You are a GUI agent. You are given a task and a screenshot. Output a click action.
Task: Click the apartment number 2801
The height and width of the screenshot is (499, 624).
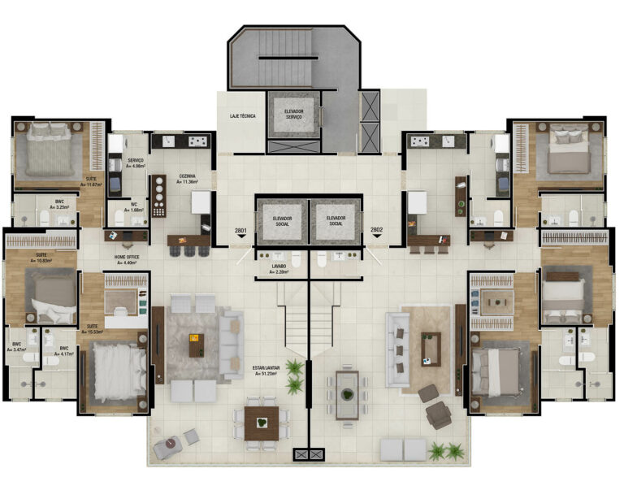pos(240,231)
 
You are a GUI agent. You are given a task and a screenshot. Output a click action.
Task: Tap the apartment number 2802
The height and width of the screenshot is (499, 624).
pos(376,230)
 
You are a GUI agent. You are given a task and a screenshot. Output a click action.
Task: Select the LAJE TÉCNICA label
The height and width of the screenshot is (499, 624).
pos(241,116)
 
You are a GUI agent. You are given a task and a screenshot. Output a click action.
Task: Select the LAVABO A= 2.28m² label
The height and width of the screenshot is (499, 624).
pos(283,268)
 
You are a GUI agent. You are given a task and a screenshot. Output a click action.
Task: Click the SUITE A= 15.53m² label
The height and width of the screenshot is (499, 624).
pos(97,329)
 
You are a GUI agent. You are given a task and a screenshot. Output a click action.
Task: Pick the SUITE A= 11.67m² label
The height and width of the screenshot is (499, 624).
pos(94,180)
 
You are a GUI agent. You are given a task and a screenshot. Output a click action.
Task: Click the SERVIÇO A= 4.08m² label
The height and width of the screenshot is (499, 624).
pos(136,163)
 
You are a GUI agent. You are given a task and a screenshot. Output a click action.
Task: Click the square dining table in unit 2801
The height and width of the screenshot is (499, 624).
pos(261,421)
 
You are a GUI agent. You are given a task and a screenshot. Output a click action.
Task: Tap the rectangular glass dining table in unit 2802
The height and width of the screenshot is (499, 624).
pos(347,395)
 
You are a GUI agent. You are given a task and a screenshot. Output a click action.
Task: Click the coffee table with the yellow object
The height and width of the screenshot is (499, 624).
pos(196,345)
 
